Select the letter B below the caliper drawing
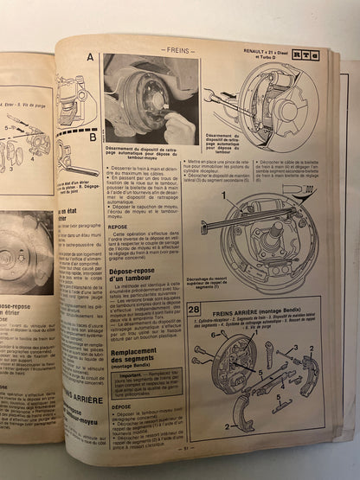pos(92,136)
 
